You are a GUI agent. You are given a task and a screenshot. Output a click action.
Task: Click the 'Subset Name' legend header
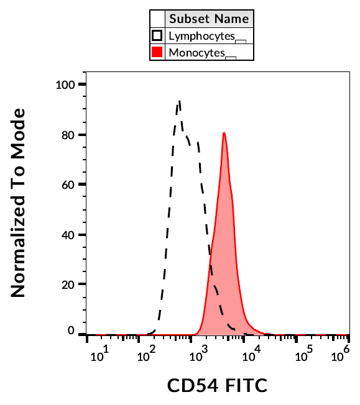[209, 19]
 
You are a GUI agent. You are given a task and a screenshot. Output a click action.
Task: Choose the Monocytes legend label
[196, 53]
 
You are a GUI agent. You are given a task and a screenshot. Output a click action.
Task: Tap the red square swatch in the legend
[157, 52]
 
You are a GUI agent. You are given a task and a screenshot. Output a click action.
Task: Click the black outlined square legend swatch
[157, 35]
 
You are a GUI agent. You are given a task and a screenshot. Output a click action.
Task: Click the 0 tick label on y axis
[72, 331]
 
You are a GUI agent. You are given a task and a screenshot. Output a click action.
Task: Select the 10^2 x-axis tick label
[149, 356]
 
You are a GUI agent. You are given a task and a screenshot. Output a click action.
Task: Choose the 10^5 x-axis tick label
[305, 356]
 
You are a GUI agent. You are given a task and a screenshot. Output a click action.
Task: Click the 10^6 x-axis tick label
[339, 356]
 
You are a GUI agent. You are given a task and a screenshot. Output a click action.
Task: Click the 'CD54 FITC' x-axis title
[217, 386]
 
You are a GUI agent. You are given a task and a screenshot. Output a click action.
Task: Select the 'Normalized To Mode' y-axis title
[19, 202]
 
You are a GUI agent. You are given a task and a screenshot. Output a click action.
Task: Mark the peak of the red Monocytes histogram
[224, 133]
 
